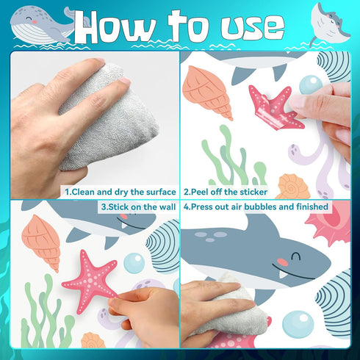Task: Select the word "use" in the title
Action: (252, 27)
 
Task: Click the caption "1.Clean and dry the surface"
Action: (120, 192)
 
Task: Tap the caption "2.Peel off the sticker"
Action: (226, 192)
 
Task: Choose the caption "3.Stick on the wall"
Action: (138, 207)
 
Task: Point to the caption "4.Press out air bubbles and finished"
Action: (256, 206)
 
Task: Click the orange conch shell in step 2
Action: (207, 92)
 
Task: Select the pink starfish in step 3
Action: (90, 281)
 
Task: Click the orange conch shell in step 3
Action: (42, 241)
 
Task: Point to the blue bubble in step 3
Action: (134, 263)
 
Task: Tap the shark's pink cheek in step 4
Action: (283, 262)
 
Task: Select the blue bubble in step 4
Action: (298, 325)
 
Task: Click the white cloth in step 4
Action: (235, 309)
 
